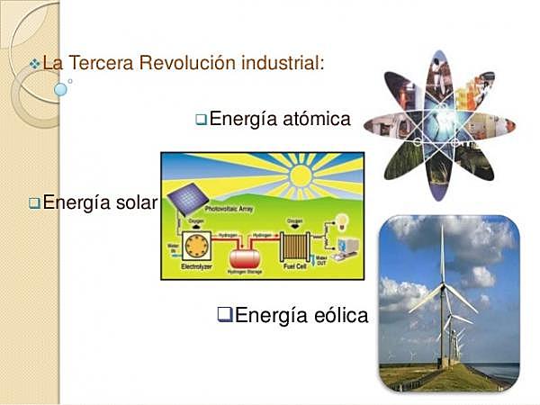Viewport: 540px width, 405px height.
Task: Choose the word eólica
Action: click(338, 315)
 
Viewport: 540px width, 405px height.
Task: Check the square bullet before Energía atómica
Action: click(202, 119)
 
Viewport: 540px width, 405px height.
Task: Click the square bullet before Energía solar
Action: click(34, 203)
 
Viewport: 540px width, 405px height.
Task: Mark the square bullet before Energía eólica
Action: click(225, 315)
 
